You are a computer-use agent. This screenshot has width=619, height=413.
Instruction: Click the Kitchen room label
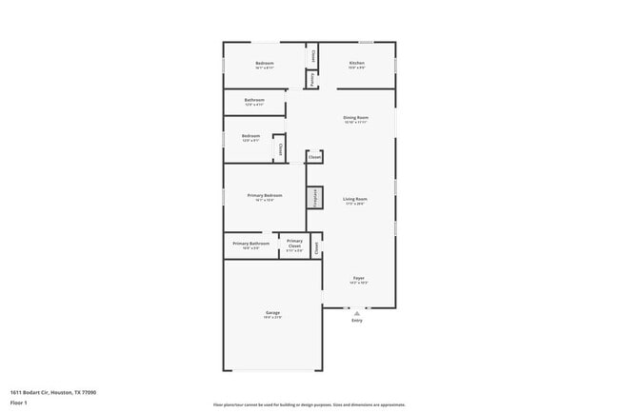coord(356,63)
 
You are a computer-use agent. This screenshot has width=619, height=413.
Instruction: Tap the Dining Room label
coord(355,118)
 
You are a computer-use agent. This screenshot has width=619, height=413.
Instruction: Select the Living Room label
coord(355,199)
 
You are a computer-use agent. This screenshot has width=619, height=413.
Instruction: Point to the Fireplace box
coord(314,198)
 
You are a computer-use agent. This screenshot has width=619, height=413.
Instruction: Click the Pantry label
coord(312,80)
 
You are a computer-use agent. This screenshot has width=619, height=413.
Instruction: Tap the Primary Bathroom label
coord(250,244)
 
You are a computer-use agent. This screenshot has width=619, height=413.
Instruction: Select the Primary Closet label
coord(294,243)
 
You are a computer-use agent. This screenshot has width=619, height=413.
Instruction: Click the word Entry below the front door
coord(357,321)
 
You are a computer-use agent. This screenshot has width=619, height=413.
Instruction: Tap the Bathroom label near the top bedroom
coord(254,100)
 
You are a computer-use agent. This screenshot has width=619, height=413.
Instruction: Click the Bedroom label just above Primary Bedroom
coord(250,136)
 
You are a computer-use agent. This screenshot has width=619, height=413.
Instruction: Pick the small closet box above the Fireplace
coord(314,157)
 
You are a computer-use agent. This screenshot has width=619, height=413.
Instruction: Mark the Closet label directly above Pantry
coord(312,55)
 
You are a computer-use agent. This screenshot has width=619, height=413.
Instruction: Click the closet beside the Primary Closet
coord(316,246)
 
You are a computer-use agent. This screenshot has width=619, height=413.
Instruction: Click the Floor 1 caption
coord(19,403)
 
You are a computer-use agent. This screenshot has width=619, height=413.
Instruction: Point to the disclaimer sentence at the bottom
coord(309,405)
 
